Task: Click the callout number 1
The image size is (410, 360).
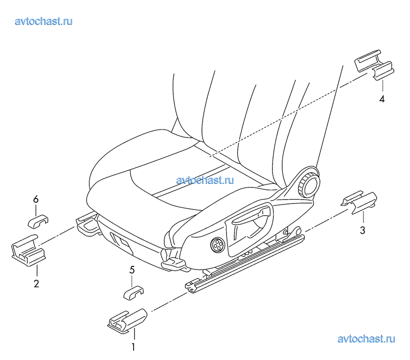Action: [x=133, y=347]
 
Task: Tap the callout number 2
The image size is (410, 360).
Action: [x=36, y=284]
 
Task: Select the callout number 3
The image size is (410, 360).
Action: [x=363, y=230]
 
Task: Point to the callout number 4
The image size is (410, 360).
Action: [x=382, y=99]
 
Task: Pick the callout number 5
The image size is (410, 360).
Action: [x=132, y=270]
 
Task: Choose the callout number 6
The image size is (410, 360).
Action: [x=36, y=200]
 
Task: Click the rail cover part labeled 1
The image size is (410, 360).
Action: [x=127, y=320]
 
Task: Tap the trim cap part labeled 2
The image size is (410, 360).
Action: [x=29, y=250]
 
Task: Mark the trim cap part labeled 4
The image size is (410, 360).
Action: [x=374, y=65]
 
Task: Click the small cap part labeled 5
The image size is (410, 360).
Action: [x=134, y=292]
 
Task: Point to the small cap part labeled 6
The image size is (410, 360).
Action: [x=38, y=222]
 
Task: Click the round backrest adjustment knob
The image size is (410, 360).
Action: [x=309, y=184]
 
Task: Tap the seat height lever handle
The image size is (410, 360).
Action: [x=251, y=216]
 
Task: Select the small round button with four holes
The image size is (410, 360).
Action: [x=217, y=245]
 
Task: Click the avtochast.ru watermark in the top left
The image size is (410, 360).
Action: [x=44, y=21]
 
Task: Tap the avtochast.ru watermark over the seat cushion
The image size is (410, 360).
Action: [x=205, y=180]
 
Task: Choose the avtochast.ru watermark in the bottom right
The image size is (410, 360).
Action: [x=366, y=339]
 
